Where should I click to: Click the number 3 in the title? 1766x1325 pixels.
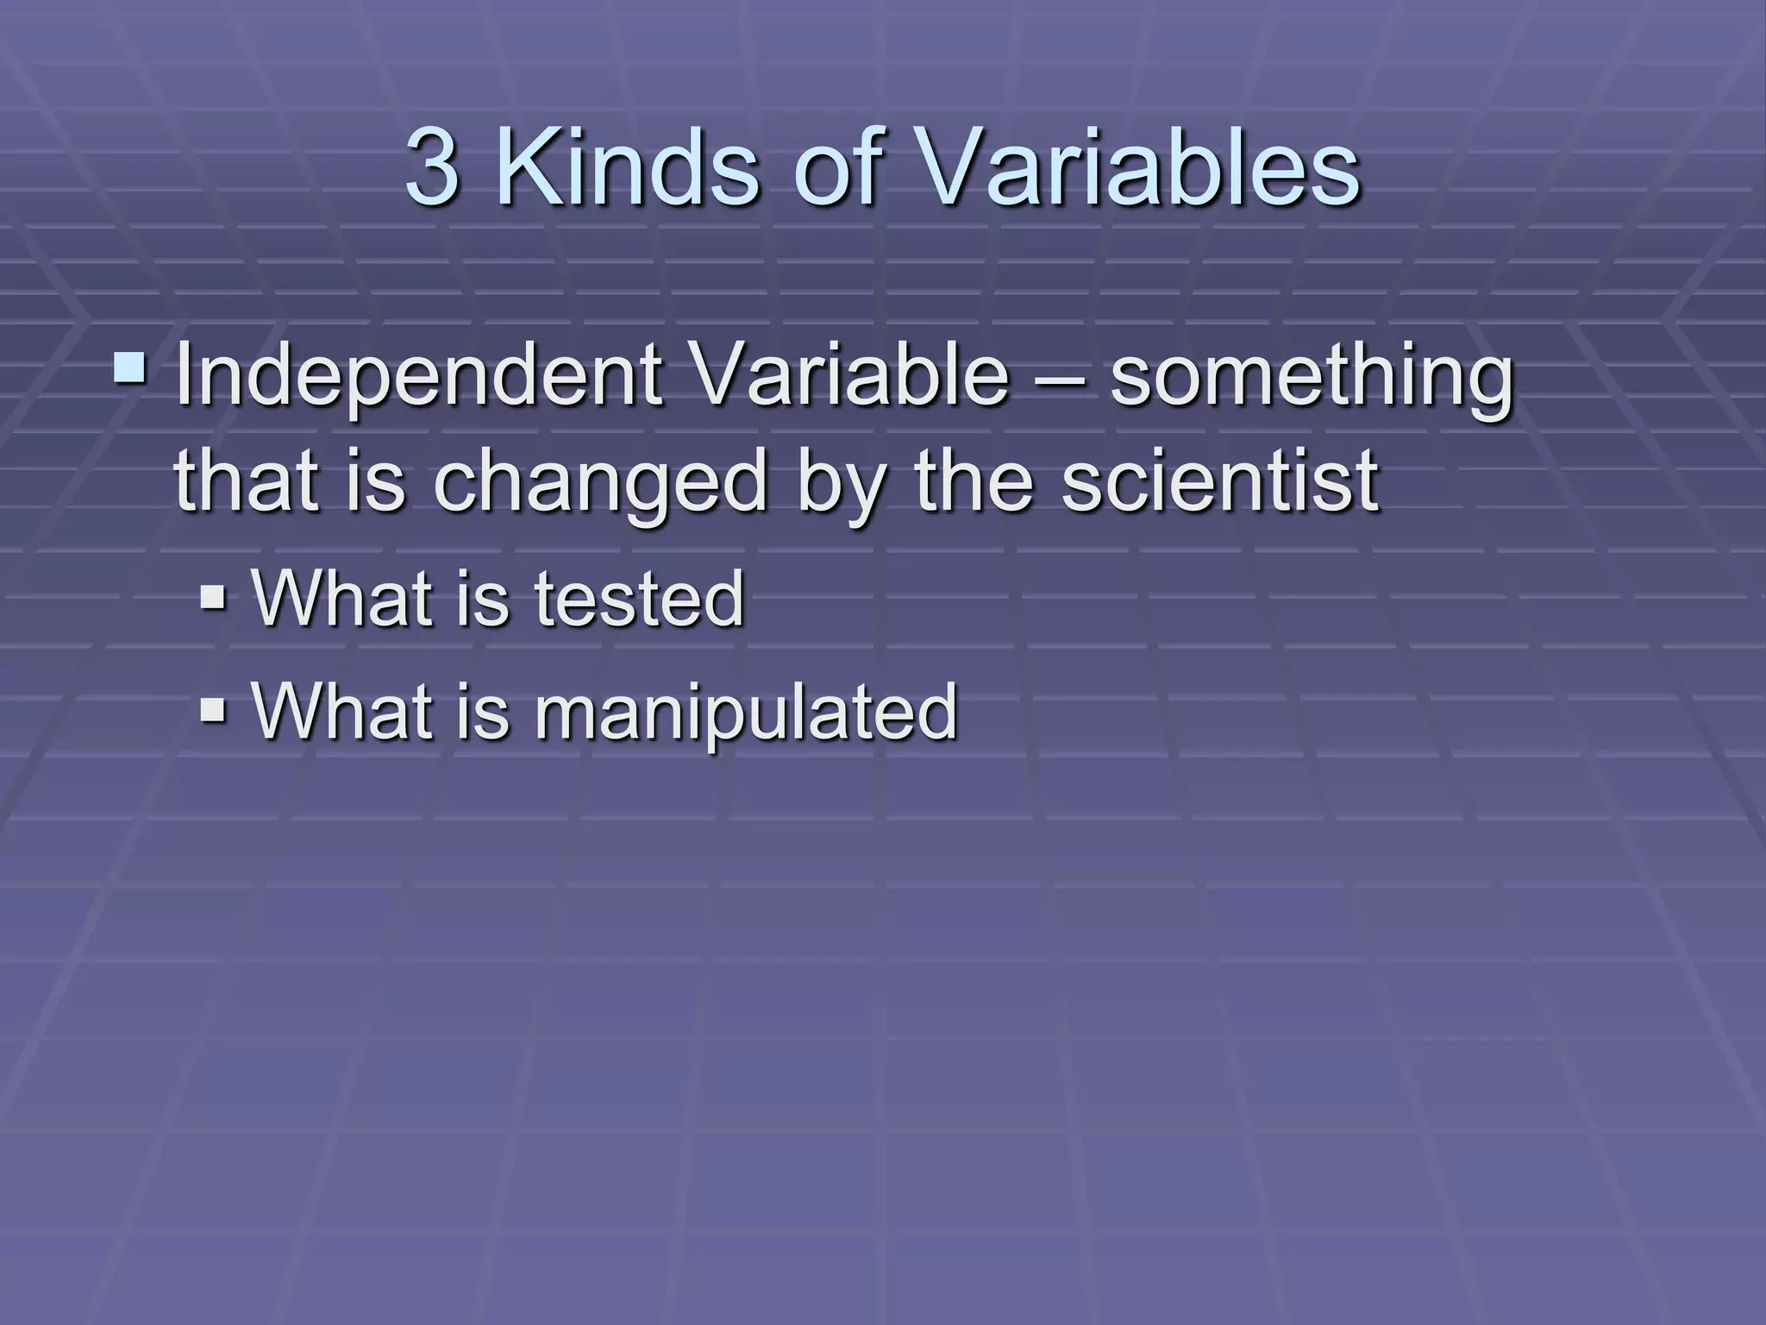tap(433, 167)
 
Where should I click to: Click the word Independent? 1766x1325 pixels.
tap(418, 378)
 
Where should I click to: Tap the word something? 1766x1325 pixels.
tap(1311, 378)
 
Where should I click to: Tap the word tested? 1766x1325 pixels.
tap(639, 599)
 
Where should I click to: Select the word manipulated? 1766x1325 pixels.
tap(746, 713)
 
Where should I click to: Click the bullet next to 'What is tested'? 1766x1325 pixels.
tap(212, 596)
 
